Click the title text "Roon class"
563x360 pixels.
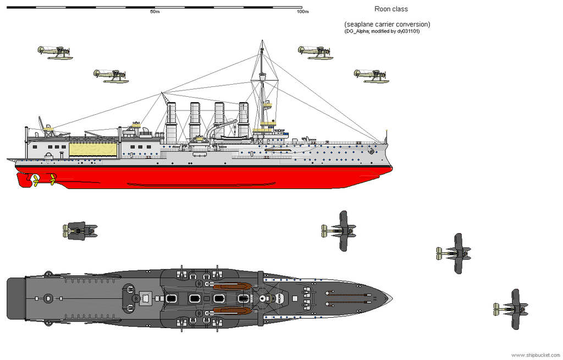pyautogui.click(x=391, y=9)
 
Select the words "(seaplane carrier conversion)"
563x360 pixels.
pyautogui.click(x=387, y=24)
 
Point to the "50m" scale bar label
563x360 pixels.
pyautogui.click(x=155, y=12)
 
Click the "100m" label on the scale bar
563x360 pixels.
pyautogui.click(x=302, y=12)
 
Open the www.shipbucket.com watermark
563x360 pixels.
pyautogui.click(x=536, y=355)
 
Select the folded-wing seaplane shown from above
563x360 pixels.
pyautogui.click(x=80, y=231)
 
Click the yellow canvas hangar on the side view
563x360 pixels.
pyautogui.click(x=93, y=148)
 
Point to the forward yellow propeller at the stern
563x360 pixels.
pyautogui.click(x=53, y=178)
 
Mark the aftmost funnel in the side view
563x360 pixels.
pyautogui.click(x=171, y=121)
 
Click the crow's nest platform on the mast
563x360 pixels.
pyautogui.click(x=267, y=103)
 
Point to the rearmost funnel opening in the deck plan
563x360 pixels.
pyautogui.click(x=170, y=298)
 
